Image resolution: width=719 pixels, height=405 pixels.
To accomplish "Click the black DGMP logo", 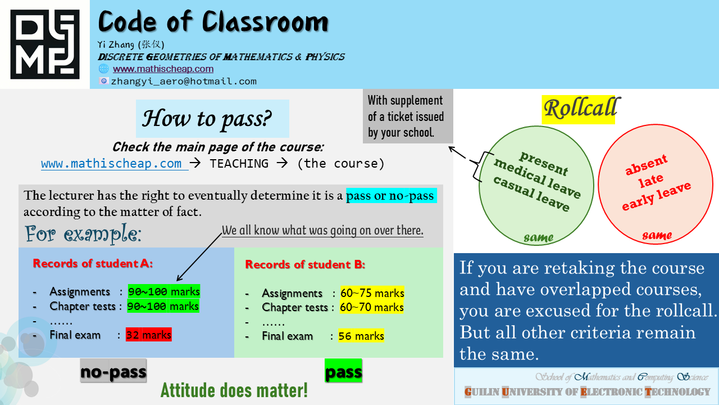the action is point(45,44).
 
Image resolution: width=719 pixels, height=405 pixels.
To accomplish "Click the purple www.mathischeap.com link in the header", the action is point(163,69).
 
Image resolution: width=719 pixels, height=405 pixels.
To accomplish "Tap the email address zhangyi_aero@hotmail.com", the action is point(184,82).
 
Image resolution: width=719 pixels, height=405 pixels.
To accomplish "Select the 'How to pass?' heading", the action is point(207,119).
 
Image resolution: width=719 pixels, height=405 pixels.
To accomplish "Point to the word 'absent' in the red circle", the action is point(646,165).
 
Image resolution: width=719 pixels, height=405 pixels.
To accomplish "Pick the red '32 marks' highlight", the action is point(149,335).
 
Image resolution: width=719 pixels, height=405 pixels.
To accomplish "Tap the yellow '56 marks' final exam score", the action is point(361,336).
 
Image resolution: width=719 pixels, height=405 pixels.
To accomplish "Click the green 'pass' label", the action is point(343,371).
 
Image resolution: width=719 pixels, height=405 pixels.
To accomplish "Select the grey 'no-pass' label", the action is point(113,371).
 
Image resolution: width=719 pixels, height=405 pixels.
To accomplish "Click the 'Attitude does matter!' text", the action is point(234,390).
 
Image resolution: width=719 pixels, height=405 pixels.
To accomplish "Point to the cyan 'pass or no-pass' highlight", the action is point(392,195).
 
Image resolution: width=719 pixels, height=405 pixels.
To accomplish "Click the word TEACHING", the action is point(239,164).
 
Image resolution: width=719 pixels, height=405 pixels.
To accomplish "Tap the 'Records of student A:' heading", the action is point(93,264).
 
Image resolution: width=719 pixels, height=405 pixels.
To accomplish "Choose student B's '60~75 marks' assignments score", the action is point(372,293).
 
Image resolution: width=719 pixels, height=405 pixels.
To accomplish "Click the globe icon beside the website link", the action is point(104,69).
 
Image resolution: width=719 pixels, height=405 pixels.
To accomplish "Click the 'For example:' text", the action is point(83,233).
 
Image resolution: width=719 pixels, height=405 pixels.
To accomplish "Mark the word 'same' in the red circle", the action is point(657,235).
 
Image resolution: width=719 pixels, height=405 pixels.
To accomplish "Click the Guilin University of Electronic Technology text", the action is point(587,392).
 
